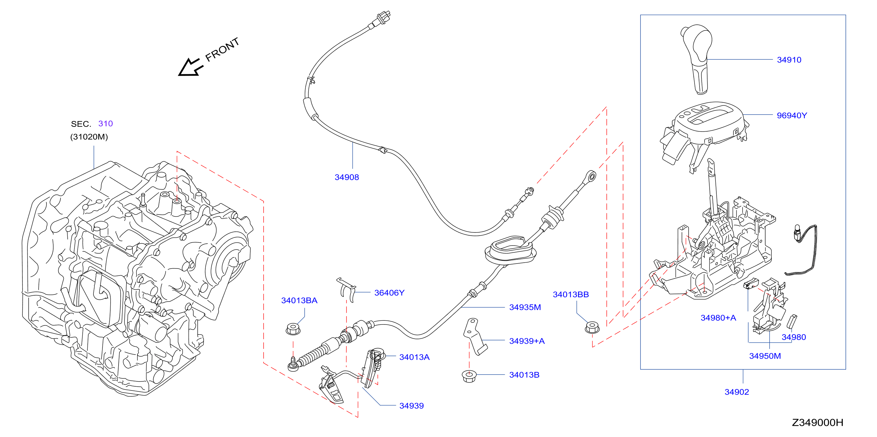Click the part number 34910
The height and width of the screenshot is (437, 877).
pyautogui.click(x=789, y=60)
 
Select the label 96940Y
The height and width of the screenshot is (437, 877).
pyautogui.click(x=792, y=115)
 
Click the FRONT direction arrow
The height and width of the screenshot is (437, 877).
pyautogui.click(x=191, y=67)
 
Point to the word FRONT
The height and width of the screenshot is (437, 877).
pyautogui.click(x=222, y=50)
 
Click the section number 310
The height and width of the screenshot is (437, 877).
pyautogui.click(x=106, y=124)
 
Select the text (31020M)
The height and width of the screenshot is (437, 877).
pyautogui.click(x=89, y=137)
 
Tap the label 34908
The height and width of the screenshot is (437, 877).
pyautogui.click(x=347, y=177)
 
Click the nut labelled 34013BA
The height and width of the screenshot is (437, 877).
pyautogui.click(x=293, y=329)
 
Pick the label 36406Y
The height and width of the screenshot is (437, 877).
pyautogui.click(x=389, y=293)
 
